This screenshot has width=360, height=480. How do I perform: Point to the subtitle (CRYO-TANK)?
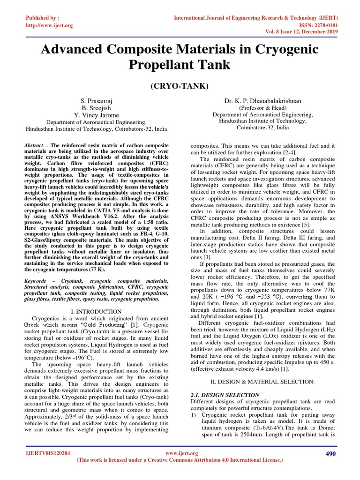point(180,87)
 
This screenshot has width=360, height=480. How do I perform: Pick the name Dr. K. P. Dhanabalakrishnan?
point(262,101)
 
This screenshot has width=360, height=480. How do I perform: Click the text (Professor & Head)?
point(262,107)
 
